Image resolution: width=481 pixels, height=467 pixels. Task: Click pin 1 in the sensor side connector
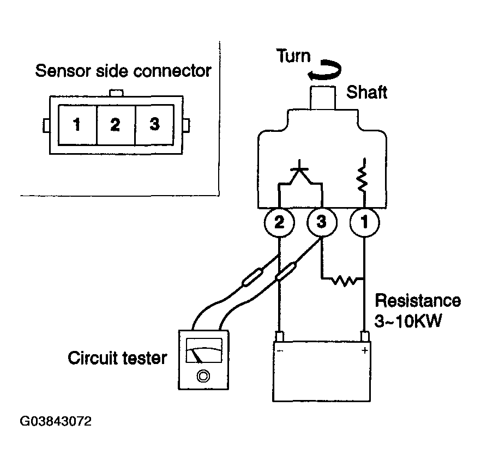tap(77, 125)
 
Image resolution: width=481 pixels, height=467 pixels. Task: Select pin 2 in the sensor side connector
tap(116, 125)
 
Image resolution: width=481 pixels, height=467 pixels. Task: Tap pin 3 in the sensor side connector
tap(154, 125)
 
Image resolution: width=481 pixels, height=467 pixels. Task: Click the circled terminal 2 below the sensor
tap(279, 222)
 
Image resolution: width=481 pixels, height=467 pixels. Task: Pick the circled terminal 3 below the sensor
tap(322, 222)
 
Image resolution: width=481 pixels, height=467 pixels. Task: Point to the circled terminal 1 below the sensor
tap(364, 222)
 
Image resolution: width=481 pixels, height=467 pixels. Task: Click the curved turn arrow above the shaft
tap(325, 70)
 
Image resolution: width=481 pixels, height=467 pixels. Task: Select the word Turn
tap(293, 56)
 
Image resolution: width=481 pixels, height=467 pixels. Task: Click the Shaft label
tap(367, 92)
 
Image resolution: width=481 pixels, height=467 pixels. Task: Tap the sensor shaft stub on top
tap(323, 98)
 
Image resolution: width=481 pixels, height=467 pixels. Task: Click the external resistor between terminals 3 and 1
tap(345, 280)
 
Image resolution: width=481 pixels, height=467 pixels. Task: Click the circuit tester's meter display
tap(204, 350)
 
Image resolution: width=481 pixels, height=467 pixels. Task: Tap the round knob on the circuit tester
tap(203, 375)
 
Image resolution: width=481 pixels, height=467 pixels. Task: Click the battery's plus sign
tap(365, 350)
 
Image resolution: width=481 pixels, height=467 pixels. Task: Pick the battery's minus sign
tap(280, 350)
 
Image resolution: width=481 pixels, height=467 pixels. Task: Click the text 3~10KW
tap(408, 321)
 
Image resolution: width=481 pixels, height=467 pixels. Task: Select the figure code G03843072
tap(56, 421)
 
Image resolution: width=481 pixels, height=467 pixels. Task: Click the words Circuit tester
tap(117, 357)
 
